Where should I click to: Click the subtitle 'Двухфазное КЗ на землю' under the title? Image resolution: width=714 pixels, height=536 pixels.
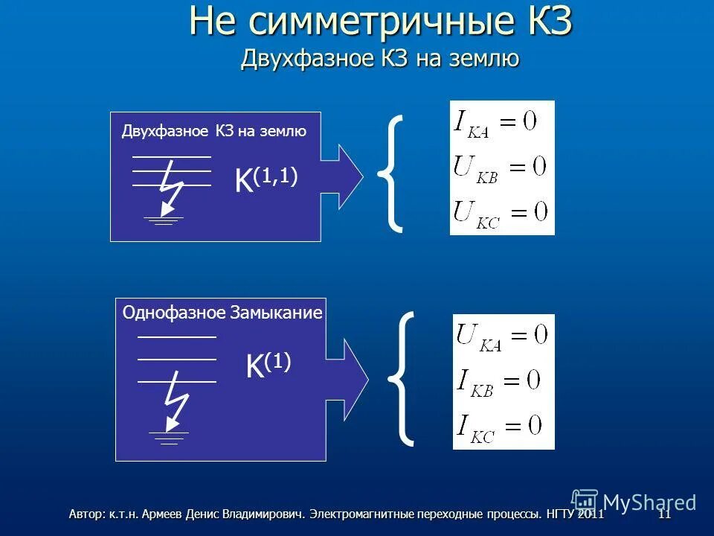pyautogui.click(x=379, y=59)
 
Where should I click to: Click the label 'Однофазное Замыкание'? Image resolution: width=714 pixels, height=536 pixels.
pyautogui.click(x=222, y=313)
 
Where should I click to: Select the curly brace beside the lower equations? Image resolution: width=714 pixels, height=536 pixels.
pyautogui.click(x=401, y=378)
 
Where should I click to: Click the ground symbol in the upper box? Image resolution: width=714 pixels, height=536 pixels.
pyautogui.click(x=162, y=219)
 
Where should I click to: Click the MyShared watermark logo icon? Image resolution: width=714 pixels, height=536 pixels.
pyautogui.click(x=585, y=501)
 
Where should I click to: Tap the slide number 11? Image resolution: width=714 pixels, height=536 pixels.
pyautogui.click(x=664, y=514)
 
